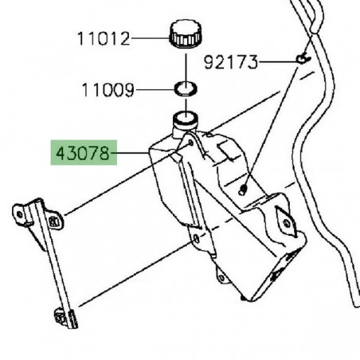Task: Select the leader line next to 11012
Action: pos(148,37)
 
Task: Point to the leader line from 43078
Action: pos(131,152)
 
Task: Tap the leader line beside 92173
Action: pos(274,60)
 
